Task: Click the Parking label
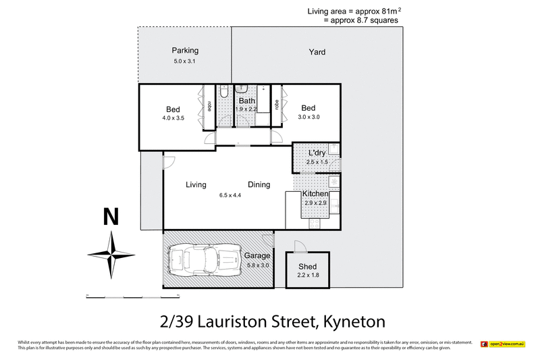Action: [x=184, y=51]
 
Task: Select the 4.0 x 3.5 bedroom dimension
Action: [x=173, y=118]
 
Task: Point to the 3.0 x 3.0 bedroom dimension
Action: [x=308, y=117]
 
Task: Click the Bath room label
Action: [x=246, y=101]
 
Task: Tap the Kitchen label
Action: [x=315, y=194]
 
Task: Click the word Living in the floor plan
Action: [x=196, y=184]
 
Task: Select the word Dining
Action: [x=259, y=184]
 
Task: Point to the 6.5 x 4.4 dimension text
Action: [x=230, y=196]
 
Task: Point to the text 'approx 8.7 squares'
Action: [x=361, y=20]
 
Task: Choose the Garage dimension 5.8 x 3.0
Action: [x=256, y=265]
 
